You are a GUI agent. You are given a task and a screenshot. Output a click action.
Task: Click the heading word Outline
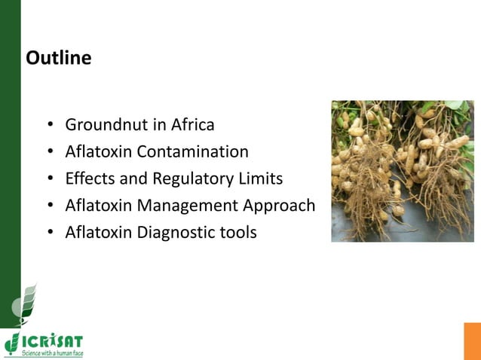click(x=59, y=58)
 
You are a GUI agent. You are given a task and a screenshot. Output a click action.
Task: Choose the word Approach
click(x=283, y=205)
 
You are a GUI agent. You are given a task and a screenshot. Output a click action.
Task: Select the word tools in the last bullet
click(x=237, y=232)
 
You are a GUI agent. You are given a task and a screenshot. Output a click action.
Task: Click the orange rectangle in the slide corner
click(x=472, y=341)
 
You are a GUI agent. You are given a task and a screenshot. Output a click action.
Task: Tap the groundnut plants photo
click(x=402, y=171)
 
